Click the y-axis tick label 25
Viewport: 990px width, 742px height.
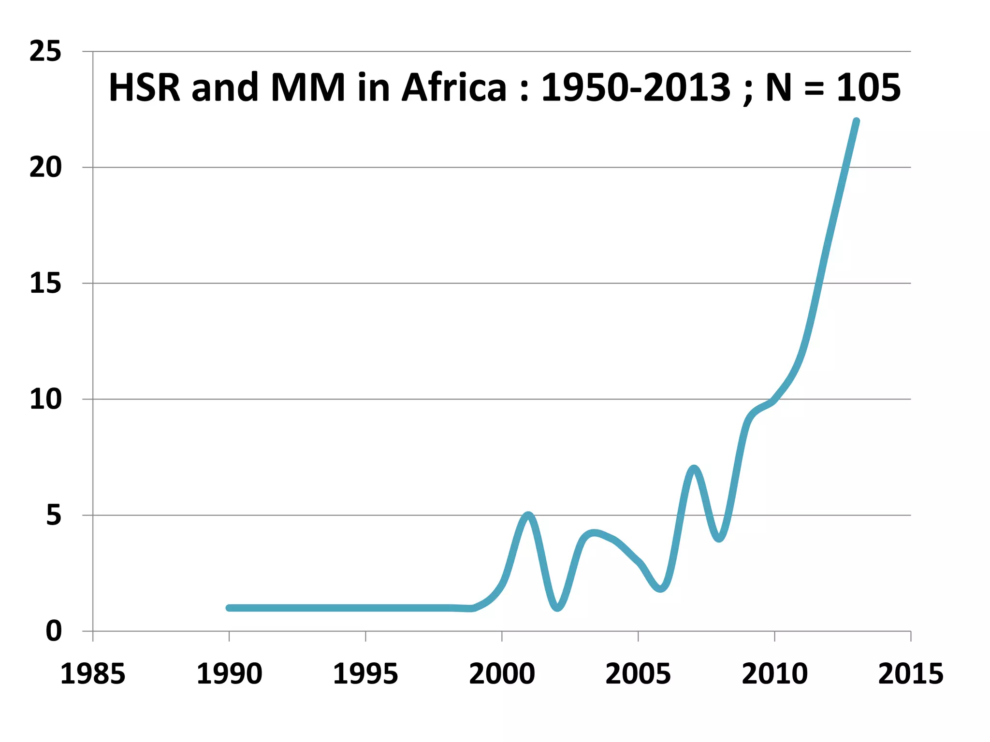click(45, 51)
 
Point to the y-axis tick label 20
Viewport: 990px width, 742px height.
click(45, 168)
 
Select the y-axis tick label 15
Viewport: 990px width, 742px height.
click(45, 284)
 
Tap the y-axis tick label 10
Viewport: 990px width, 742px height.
click(45, 400)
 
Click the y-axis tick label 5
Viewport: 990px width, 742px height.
click(54, 515)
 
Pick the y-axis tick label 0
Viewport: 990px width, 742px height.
click(54, 631)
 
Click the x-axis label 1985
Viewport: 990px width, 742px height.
click(93, 674)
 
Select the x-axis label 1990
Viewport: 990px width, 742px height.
click(229, 674)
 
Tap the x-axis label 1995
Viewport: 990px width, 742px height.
click(365, 674)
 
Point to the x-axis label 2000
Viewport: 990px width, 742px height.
click(502, 674)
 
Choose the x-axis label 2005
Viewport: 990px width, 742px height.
click(638, 674)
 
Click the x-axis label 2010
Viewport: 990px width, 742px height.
click(774, 674)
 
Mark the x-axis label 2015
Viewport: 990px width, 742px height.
click(911, 674)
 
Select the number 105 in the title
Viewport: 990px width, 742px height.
click(868, 87)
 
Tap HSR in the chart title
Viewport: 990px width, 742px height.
click(145, 87)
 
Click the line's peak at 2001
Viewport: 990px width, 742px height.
click(528, 515)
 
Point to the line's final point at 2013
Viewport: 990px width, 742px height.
click(856, 121)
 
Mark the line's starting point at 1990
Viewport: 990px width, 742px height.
click(229, 608)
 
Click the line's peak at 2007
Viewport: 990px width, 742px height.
click(694, 469)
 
